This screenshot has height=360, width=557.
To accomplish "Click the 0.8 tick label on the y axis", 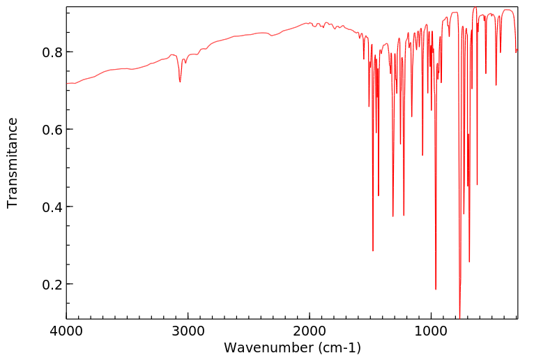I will click(53, 52).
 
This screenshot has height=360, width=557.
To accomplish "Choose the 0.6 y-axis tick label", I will click(53, 130).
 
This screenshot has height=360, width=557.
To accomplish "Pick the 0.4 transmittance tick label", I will click(53, 207).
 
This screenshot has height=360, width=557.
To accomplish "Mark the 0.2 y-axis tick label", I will click(53, 285).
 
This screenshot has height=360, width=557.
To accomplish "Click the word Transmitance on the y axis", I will click(13, 163).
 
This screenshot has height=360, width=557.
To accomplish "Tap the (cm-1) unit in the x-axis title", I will click(339, 347).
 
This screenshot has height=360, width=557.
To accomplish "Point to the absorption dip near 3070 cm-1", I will click(180, 82).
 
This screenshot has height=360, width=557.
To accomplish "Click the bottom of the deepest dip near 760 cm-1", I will click(460, 315).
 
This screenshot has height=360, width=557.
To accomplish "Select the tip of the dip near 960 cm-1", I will click(436, 289).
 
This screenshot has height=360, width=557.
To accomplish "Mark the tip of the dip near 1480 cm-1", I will click(373, 250).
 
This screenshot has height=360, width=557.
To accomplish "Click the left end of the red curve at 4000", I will click(67, 84).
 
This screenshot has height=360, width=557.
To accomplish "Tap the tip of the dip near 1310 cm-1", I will click(393, 216).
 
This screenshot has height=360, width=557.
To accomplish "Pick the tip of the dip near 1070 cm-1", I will click(422, 155).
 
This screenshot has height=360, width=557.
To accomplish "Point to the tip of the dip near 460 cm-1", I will click(496, 85).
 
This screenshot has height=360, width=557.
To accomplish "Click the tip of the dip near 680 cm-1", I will click(469, 262).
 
